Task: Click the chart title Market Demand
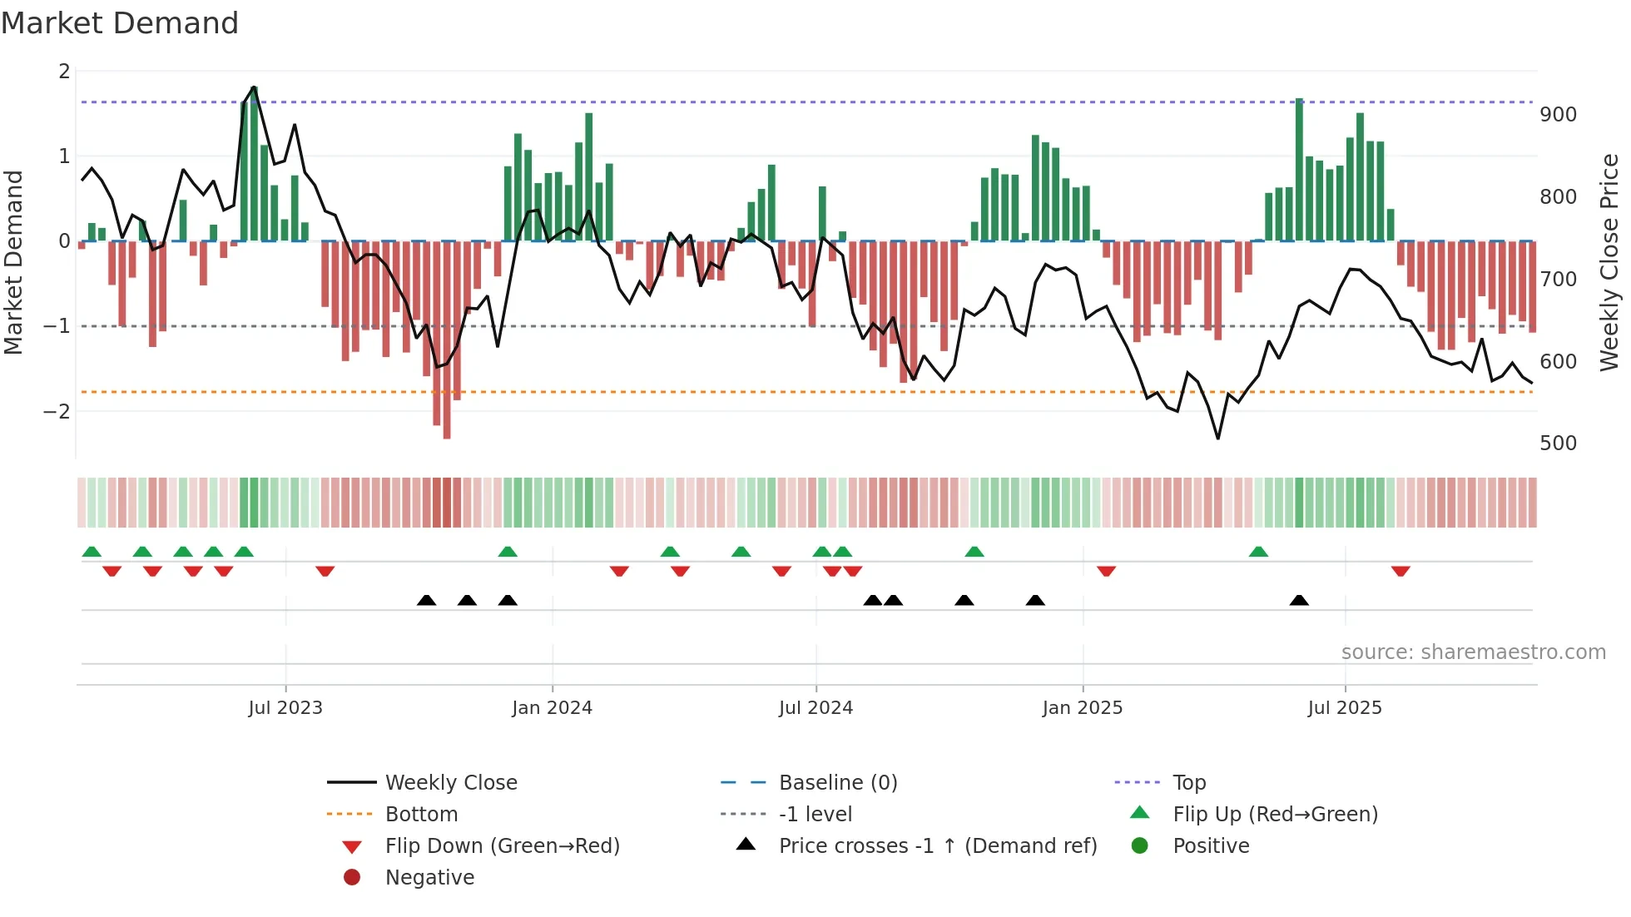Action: click(x=120, y=23)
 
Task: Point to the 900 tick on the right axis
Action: click(x=1558, y=115)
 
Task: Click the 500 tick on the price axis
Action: click(x=1558, y=444)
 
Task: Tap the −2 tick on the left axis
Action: click(x=57, y=412)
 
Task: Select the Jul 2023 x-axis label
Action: click(x=285, y=708)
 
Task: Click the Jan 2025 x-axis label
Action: click(x=1082, y=708)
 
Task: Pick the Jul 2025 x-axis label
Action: click(x=1345, y=708)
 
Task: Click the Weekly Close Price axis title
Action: click(x=1609, y=262)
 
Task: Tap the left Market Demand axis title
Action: click(x=14, y=262)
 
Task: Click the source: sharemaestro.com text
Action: click(x=1473, y=652)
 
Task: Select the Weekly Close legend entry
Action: click(x=450, y=783)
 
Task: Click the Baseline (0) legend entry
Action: click(x=837, y=783)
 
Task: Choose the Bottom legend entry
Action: click(x=421, y=815)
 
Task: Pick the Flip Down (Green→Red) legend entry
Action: click(x=502, y=846)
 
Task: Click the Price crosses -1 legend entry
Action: click(x=937, y=846)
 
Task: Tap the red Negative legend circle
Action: click(x=352, y=878)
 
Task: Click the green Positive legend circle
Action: click(x=1140, y=846)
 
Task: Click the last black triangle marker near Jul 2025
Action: click(x=1299, y=601)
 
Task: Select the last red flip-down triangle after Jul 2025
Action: click(x=1400, y=571)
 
